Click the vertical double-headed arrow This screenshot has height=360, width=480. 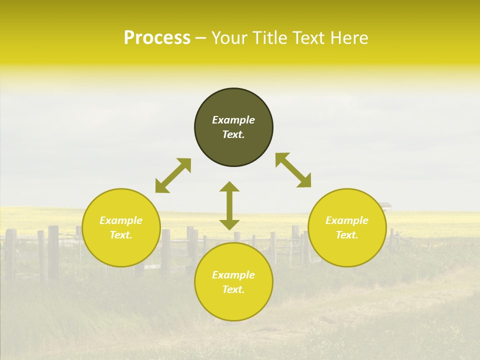pyautogui.click(x=229, y=205)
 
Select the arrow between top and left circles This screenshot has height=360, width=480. pyautogui.click(x=173, y=175)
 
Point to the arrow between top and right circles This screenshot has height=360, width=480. pyautogui.click(x=293, y=170)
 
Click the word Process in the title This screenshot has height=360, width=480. pyautogui.click(x=157, y=37)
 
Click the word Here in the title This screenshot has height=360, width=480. pyautogui.click(x=349, y=37)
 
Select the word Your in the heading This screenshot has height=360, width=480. pyautogui.click(x=228, y=37)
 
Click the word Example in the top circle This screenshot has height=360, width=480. pyautogui.click(x=233, y=120)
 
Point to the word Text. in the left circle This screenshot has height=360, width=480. pyautogui.click(x=121, y=235)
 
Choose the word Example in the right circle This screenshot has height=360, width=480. pyautogui.click(x=347, y=220)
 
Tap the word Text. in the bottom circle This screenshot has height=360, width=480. pyautogui.click(x=233, y=289)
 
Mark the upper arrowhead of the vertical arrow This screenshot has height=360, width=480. pyautogui.click(x=229, y=186)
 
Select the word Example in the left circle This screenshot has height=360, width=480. pyautogui.click(x=121, y=220)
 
